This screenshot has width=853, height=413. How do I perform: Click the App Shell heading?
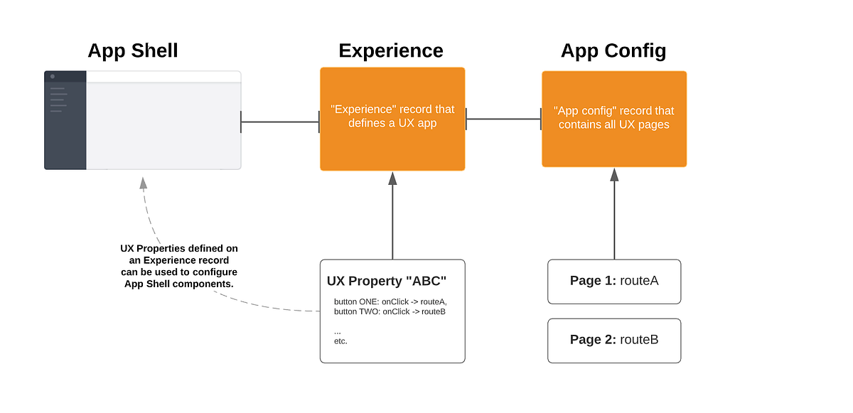(x=133, y=51)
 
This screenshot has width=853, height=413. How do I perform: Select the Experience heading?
(x=391, y=51)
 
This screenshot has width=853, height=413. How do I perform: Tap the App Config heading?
(x=613, y=51)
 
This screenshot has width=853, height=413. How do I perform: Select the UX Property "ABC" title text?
(x=386, y=281)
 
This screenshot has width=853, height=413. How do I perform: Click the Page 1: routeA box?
(x=614, y=281)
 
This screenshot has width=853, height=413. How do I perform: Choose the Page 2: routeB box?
(x=614, y=340)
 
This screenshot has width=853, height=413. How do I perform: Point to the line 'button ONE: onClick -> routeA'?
(x=390, y=301)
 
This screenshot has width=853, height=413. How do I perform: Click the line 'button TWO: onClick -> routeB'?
(x=390, y=311)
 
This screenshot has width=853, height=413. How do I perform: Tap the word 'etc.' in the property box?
(x=340, y=341)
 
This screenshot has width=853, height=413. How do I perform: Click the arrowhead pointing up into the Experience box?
(x=392, y=178)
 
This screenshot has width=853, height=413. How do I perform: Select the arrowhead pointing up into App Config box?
(x=614, y=175)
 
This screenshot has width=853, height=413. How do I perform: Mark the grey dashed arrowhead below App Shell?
(x=143, y=183)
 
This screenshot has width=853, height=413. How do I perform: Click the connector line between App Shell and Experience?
(x=280, y=122)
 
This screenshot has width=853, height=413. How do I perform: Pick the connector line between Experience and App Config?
(x=503, y=119)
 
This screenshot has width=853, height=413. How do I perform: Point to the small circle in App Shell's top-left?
(x=53, y=76)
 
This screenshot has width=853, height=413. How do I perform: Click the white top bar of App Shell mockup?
(x=163, y=76)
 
